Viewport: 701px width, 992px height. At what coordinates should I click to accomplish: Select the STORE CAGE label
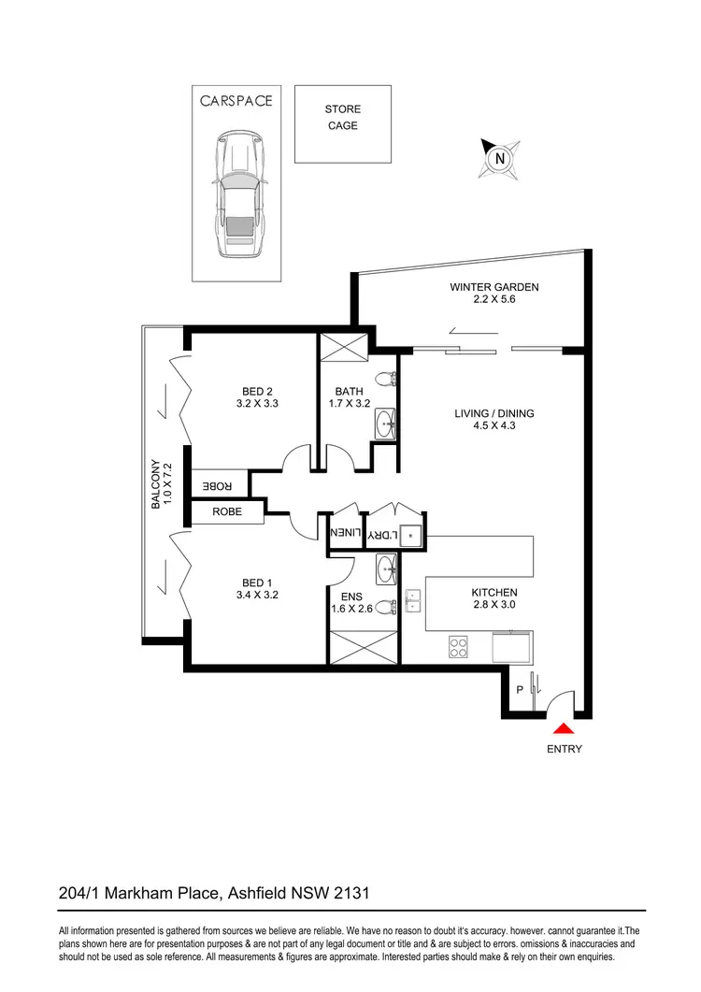342,118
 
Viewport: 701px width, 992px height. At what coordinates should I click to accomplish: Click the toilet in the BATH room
383,380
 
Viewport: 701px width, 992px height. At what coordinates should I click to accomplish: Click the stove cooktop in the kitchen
459,646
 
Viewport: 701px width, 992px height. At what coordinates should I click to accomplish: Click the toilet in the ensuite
385,605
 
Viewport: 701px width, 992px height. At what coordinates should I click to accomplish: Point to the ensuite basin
385,567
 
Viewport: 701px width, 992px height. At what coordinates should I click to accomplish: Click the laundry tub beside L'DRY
412,534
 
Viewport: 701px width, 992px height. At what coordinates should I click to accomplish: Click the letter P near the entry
521,690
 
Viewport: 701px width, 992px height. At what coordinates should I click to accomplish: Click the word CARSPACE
236,101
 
